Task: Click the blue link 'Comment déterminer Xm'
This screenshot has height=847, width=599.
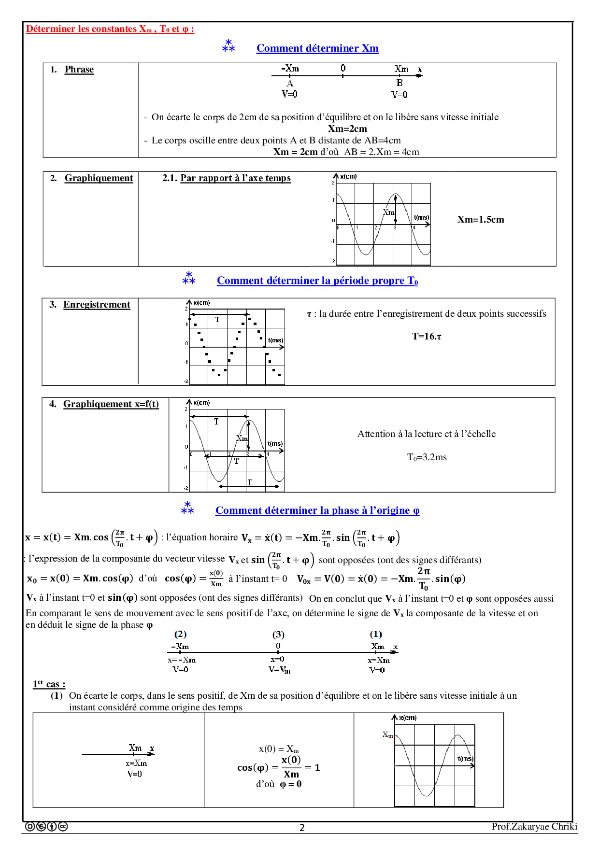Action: (x=317, y=48)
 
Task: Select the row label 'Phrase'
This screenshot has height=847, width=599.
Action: (x=79, y=70)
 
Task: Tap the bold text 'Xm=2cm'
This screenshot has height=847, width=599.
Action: (x=347, y=128)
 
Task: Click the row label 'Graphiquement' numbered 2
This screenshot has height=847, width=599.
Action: (x=99, y=178)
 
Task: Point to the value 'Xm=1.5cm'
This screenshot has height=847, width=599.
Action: (x=481, y=220)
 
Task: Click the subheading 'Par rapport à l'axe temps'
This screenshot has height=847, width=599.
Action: (x=235, y=178)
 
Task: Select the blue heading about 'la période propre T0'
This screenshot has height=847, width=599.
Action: (x=317, y=281)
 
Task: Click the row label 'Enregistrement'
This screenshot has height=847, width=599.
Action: (x=97, y=305)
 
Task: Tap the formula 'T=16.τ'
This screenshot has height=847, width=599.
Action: (x=427, y=336)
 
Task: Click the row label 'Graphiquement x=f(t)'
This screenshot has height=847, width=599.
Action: (x=111, y=404)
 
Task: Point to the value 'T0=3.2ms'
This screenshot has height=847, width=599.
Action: (x=427, y=457)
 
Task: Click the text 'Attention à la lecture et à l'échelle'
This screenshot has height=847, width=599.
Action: (x=427, y=434)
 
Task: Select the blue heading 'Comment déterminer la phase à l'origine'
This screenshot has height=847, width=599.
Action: (x=317, y=510)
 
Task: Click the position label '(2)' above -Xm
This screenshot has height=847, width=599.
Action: (x=180, y=634)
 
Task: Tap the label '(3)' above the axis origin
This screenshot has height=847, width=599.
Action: (x=278, y=635)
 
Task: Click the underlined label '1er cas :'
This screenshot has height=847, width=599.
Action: (x=49, y=684)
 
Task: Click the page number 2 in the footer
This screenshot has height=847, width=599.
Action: (x=302, y=828)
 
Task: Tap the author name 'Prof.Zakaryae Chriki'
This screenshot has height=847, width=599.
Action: (x=534, y=826)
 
